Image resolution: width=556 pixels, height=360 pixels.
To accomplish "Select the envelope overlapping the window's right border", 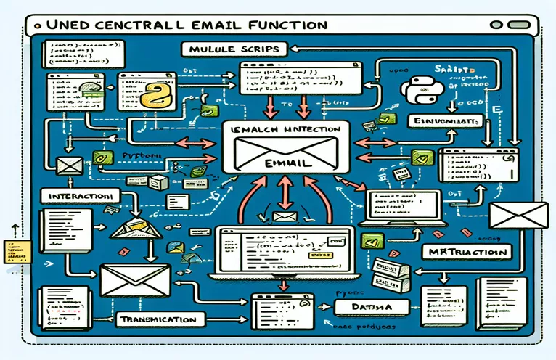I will pos(518,216).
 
